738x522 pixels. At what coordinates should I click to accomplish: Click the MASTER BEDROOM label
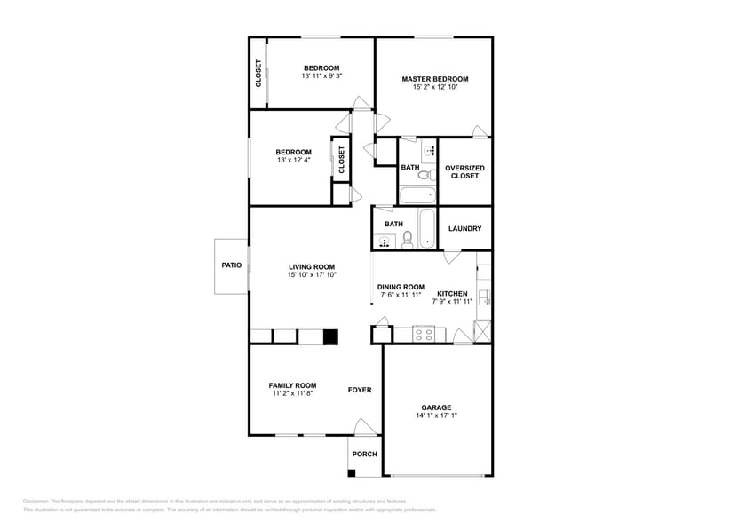434,79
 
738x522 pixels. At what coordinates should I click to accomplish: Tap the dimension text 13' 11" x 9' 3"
321,77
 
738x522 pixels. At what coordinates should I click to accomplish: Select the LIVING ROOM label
311,266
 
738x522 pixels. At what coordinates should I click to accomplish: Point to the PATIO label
231,265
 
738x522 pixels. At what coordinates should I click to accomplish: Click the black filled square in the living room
330,336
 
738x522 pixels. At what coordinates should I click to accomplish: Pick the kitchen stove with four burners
423,335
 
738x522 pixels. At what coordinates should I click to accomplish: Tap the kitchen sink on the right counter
484,297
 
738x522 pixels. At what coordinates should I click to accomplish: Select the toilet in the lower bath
408,239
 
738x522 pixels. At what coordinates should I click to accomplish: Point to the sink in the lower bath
385,240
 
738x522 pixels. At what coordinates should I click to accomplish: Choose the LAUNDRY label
464,229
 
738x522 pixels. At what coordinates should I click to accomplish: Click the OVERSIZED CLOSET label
464,171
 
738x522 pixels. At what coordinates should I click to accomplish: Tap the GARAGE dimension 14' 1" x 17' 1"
436,415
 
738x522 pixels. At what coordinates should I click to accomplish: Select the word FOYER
360,390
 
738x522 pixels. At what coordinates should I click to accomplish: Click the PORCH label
364,455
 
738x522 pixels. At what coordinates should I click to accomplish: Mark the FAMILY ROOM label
292,385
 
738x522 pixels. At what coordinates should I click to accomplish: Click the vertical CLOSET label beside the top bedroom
258,73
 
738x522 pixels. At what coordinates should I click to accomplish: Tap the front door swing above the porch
365,427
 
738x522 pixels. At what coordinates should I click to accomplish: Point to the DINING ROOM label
401,287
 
